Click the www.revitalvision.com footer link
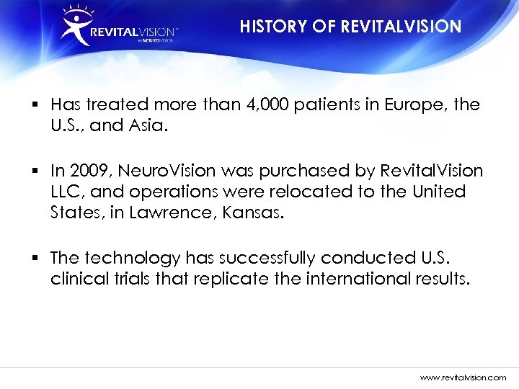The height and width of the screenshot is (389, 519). click(x=463, y=377)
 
